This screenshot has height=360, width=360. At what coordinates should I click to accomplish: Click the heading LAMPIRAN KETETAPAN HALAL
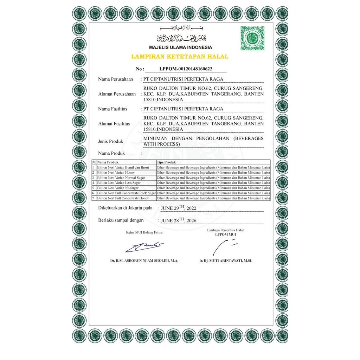180,56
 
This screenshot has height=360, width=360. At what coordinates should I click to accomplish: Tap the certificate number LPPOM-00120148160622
186,69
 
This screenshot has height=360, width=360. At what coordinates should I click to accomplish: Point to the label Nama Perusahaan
115,79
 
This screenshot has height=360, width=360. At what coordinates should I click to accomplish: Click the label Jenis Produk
110,141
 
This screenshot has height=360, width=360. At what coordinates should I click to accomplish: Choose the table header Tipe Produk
165,163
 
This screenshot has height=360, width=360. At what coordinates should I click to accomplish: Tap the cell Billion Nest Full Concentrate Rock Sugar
127,193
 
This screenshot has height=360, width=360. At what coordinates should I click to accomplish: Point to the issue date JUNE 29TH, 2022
178,208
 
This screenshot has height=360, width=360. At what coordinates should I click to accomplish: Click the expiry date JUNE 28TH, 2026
178,221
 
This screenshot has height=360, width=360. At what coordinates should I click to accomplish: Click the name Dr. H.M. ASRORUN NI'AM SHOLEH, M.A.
144,261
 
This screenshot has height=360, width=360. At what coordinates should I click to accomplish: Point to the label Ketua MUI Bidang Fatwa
144,232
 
